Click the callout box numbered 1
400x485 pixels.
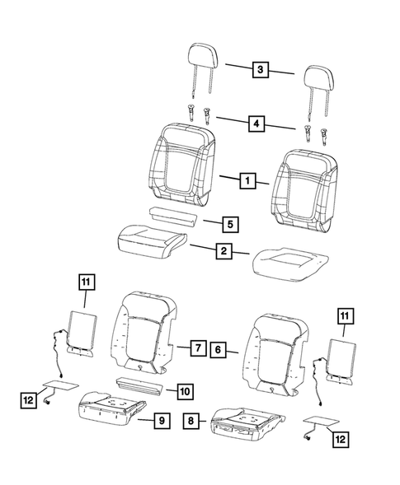coord(245,180)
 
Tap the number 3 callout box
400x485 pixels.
coord(260,71)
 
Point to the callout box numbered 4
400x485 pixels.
coord(260,124)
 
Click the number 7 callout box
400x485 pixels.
coord(197,347)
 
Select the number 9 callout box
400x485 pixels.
coord(162,422)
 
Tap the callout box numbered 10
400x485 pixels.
coord(184,389)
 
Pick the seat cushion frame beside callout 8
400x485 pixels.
coord(243,422)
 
